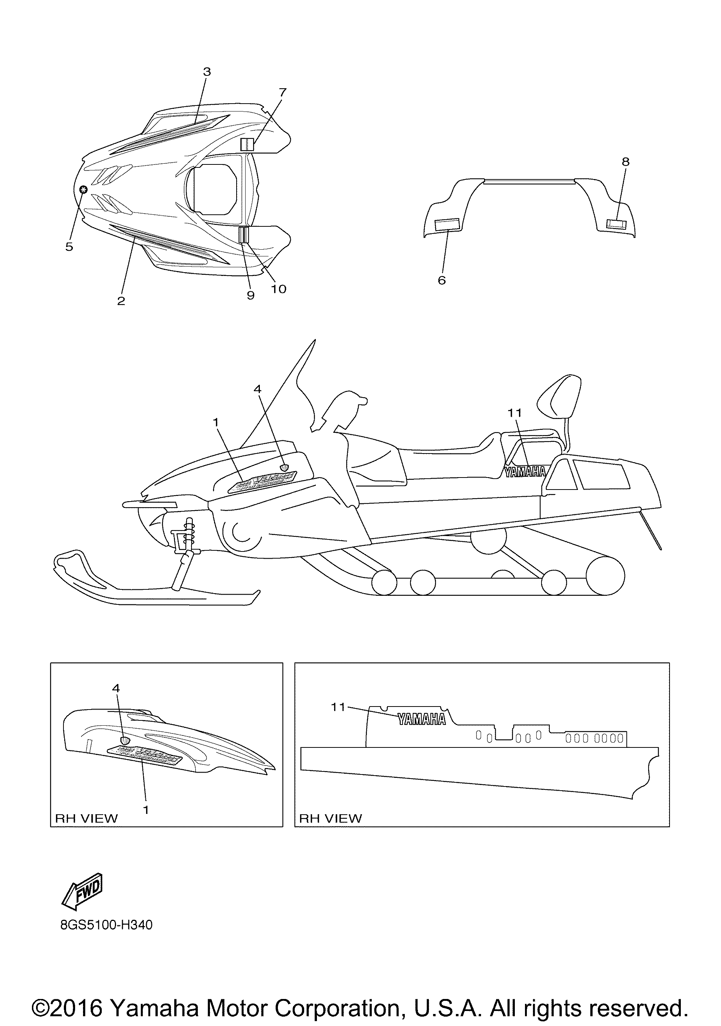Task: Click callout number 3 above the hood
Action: click(x=207, y=71)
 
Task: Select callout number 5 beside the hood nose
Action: click(x=69, y=247)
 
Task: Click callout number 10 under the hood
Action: click(x=279, y=289)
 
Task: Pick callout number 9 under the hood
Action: click(x=250, y=295)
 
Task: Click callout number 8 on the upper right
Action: click(x=625, y=162)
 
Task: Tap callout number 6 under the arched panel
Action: click(x=442, y=280)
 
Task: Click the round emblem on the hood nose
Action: click(x=83, y=190)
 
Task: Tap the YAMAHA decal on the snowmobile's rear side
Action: click(x=526, y=472)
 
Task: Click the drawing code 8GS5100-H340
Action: click(x=106, y=925)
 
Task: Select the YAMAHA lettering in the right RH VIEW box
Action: click(x=421, y=719)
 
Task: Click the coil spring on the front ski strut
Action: click(x=190, y=534)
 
